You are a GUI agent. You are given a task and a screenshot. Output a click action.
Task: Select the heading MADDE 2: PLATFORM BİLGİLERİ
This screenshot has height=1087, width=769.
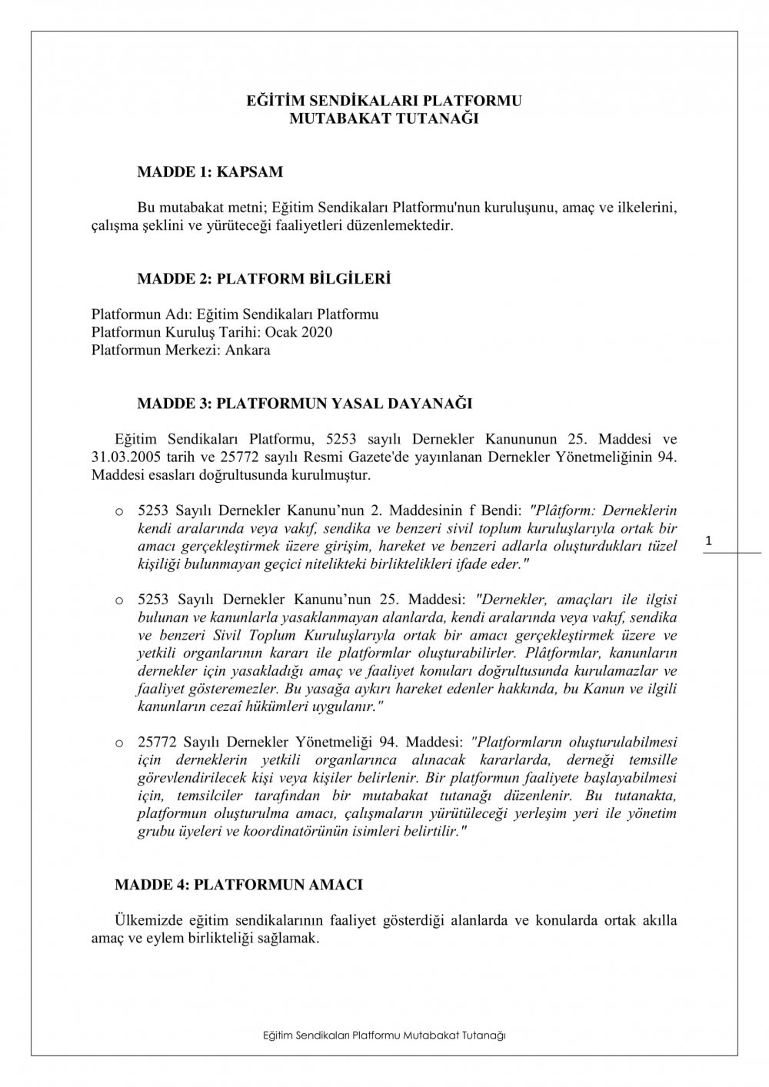pyautogui.click(x=263, y=278)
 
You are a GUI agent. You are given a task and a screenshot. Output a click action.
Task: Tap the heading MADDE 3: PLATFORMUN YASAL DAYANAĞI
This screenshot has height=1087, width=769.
pyautogui.click(x=304, y=403)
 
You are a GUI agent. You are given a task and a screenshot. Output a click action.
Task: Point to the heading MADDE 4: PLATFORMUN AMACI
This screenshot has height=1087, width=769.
pyautogui.click(x=238, y=885)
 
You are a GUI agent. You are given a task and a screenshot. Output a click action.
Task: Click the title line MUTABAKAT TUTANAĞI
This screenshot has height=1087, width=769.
pyautogui.click(x=384, y=118)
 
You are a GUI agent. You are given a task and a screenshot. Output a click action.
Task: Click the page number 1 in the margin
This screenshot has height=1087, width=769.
pyautogui.click(x=708, y=543)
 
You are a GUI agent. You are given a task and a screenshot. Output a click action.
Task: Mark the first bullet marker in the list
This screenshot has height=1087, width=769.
pyautogui.click(x=119, y=510)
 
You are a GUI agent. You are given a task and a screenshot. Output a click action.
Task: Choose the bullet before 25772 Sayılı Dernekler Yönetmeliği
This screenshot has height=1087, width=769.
pyautogui.click(x=119, y=743)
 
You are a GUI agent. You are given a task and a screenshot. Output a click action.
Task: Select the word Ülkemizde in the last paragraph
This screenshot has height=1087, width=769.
pyautogui.click(x=149, y=920)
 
